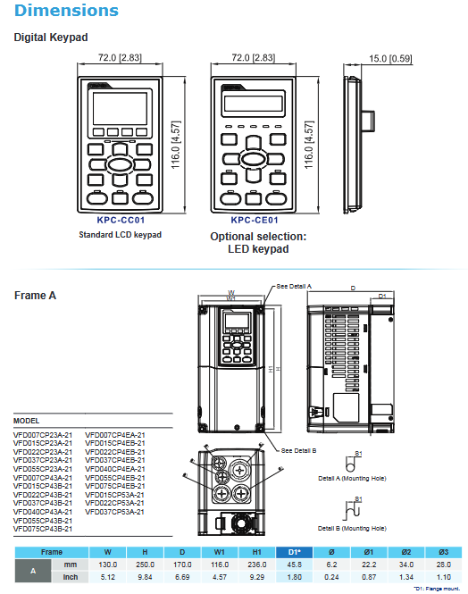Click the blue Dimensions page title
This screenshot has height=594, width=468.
coord(67,12)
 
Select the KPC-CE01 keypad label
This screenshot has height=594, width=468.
coord(255,220)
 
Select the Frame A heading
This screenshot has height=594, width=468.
coord(36,295)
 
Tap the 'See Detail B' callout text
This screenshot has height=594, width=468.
coord(299,450)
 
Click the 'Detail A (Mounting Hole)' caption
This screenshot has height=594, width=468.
coord(358,478)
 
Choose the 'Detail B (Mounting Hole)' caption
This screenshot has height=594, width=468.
coord(358,529)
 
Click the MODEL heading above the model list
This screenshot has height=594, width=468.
coord(27,421)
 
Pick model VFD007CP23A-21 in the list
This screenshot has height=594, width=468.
coord(44,434)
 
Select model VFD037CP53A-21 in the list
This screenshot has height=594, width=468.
coord(115,511)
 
